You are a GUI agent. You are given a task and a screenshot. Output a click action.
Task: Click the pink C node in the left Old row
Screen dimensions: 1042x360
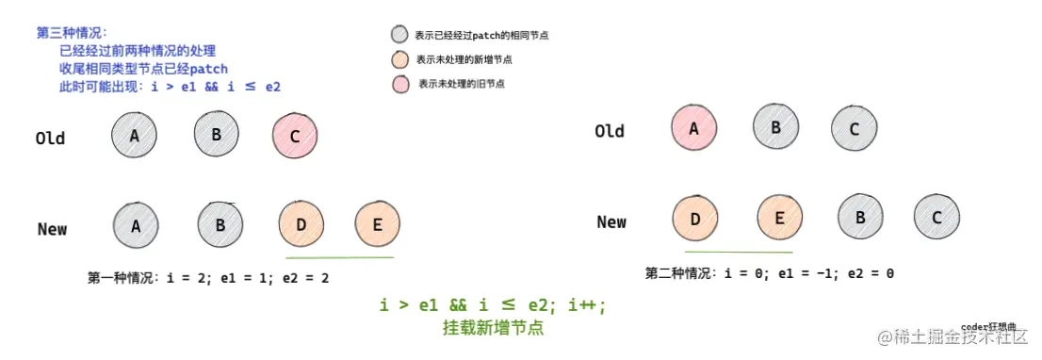pyautogui.click(x=295, y=137)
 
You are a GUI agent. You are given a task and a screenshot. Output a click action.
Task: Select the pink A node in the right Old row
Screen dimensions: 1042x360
pyautogui.click(x=694, y=129)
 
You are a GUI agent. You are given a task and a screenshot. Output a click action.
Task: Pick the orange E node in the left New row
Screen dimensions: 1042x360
pyautogui.click(x=378, y=225)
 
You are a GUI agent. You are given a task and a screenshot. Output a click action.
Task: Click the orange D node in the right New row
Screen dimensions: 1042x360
pyautogui.click(x=695, y=219)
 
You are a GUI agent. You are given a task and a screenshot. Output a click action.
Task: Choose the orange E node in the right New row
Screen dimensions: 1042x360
pyautogui.click(x=780, y=218)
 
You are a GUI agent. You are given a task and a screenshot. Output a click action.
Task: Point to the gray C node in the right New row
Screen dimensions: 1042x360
pyautogui.click(x=937, y=218)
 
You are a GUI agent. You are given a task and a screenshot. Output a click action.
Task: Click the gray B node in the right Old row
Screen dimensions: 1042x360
pyautogui.click(x=775, y=126)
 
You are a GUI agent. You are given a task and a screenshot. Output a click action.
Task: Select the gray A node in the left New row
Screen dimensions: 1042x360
pyautogui.click(x=136, y=226)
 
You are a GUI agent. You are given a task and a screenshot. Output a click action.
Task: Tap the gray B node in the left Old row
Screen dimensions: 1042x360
pyautogui.click(x=217, y=134)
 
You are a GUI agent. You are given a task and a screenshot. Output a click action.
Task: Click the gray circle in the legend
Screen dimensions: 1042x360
pyautogui.click(x=399, y=35)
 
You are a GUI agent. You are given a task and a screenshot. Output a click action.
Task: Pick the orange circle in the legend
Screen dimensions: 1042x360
pyautogui.click(x=399, y=59)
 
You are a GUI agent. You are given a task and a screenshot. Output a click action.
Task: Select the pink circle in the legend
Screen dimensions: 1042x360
pyautogui.click(x=399, y=84)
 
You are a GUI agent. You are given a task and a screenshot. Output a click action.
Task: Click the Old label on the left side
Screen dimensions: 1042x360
pyautogui.click(x=50, y=139)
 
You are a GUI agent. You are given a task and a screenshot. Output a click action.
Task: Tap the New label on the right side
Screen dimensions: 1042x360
pyautogui.click(x=611, y=222)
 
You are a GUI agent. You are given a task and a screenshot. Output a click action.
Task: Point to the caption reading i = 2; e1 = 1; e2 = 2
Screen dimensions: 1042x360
pyautogui.click(x=208, y=278)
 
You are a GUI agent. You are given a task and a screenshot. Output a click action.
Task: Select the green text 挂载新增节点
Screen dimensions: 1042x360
pyautogui.click(x=493, y=329)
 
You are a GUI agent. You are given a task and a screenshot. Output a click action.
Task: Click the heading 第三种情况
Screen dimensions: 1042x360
pyautogui.click(x=72, y=32)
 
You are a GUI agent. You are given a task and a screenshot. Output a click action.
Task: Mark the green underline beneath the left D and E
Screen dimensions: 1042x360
pyautogui.click(x=339, y=257)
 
